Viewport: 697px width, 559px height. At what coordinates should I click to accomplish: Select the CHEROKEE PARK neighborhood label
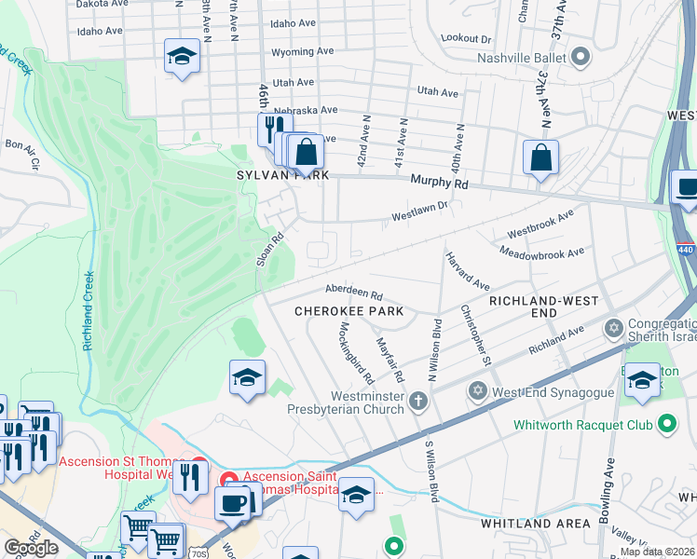[341, 310]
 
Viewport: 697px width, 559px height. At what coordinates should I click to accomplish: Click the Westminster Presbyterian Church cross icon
[419, 402]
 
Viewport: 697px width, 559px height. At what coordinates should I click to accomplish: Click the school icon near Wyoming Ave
[182, 56]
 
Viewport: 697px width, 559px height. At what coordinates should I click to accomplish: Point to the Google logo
[31, 548]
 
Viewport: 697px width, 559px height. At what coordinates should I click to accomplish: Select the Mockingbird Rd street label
[356, 354]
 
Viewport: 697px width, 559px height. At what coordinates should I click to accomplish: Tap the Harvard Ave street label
[467, 270]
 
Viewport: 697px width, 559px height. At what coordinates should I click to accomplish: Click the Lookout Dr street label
[466, 38]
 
